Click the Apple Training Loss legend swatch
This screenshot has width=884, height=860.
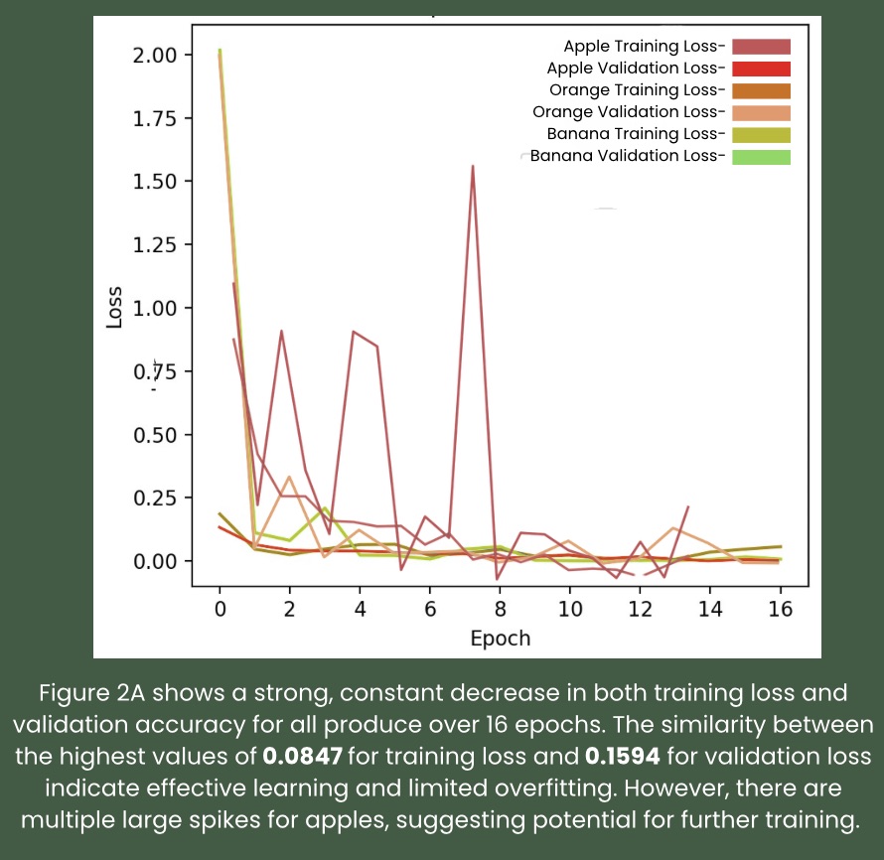761,47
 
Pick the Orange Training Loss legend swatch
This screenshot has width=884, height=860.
761,90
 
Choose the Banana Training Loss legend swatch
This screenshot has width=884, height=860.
761,134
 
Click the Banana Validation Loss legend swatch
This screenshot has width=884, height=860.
761,156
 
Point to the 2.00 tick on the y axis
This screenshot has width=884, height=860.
156,55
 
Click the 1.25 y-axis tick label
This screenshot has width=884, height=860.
156,244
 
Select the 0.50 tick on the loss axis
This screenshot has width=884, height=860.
156,435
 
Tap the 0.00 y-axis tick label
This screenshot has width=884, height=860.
156,561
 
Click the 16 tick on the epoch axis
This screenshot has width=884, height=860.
781,609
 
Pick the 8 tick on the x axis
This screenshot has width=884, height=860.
500,609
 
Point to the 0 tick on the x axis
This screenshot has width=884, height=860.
220,609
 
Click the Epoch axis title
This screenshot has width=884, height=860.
500,638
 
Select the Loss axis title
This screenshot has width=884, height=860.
115,308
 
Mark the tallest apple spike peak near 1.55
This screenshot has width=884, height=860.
473,166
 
